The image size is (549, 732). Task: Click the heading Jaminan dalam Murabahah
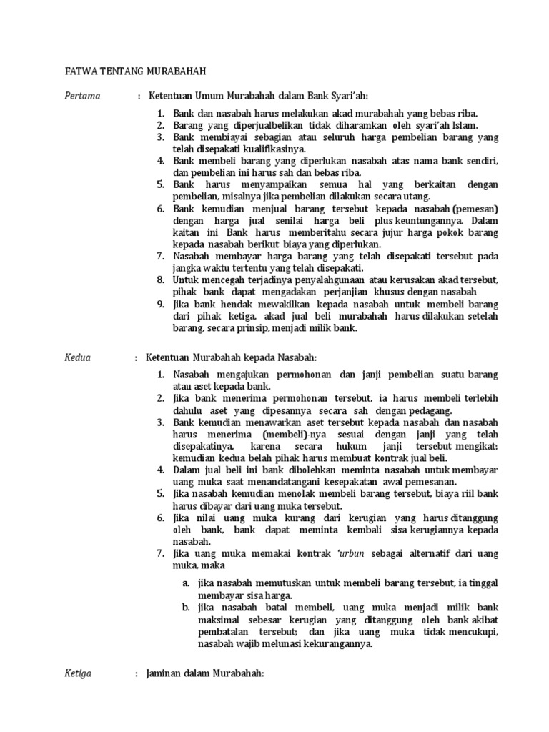[205, 673]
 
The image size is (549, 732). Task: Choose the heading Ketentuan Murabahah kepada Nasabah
[231, 357]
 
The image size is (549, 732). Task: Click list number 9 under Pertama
[161, 304]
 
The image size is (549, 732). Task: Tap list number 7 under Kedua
[161, 554]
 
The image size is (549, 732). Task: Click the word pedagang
[430, 411]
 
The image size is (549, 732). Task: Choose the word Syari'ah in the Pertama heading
[346, 96]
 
